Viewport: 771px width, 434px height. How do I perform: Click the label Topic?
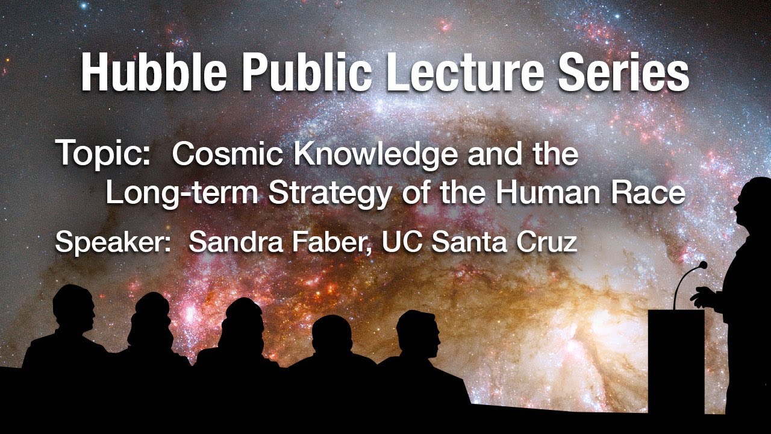[102, 154]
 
